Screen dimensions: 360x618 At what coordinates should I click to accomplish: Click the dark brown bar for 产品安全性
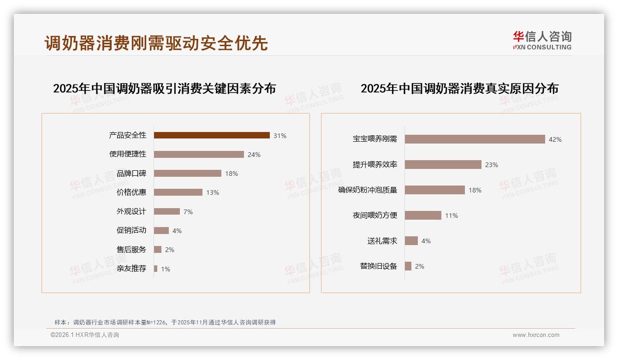[x=212, y=135]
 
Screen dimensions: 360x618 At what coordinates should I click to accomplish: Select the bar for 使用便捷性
[x=199, y=154]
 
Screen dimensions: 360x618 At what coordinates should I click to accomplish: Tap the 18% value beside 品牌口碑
[x=232, y=174]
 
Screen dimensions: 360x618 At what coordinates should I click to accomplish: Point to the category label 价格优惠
[x=131, y=192]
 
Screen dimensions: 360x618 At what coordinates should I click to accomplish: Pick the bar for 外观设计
[x=166, y=211]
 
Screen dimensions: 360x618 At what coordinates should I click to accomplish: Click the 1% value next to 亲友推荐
[x=165, y=269]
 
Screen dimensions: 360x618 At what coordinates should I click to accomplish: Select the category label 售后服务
[x=131, y=249]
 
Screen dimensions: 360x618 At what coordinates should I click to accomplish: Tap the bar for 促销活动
[x=161, y=230]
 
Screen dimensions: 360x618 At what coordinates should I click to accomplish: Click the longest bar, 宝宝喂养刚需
[x=475, y=139]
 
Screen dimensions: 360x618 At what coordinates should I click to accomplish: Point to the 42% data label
[x=555, y=139]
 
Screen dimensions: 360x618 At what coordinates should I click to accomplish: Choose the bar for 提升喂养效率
[x=443, y=164]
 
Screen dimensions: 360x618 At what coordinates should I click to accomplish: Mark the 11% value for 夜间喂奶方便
[x=452, y=216]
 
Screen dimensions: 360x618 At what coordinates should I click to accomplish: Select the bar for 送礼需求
[x=411, y=240]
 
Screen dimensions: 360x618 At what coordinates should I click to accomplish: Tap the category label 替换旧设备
[x=378, y=266]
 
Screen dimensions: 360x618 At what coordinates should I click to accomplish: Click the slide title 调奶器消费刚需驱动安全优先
[x=156, y=43]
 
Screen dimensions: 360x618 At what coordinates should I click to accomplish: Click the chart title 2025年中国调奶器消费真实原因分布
[x=459, y=89]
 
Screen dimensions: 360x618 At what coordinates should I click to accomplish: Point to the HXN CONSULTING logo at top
[x=542, y=40]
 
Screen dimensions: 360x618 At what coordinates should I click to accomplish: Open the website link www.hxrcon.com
[x=536, y=335]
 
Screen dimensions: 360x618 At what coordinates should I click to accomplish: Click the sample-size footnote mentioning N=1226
[x=165, y=322]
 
